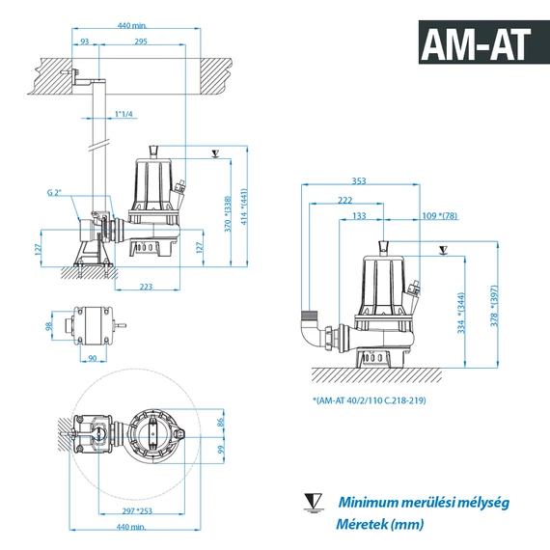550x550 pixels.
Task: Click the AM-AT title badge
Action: click(484, 42)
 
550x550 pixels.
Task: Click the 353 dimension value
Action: click(359, 181)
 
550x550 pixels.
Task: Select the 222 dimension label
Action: click(344, 200)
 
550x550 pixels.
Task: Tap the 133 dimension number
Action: click(359, 216)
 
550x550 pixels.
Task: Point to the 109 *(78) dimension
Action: click(440, 216)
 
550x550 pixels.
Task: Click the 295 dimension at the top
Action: click(141, 41)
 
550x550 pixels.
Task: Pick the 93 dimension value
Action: click(85, 41)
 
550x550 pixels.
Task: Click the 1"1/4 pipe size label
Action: click(124, 114)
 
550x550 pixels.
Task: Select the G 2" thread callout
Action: click(54, 193)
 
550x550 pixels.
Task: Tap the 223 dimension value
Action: click(146, 287)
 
